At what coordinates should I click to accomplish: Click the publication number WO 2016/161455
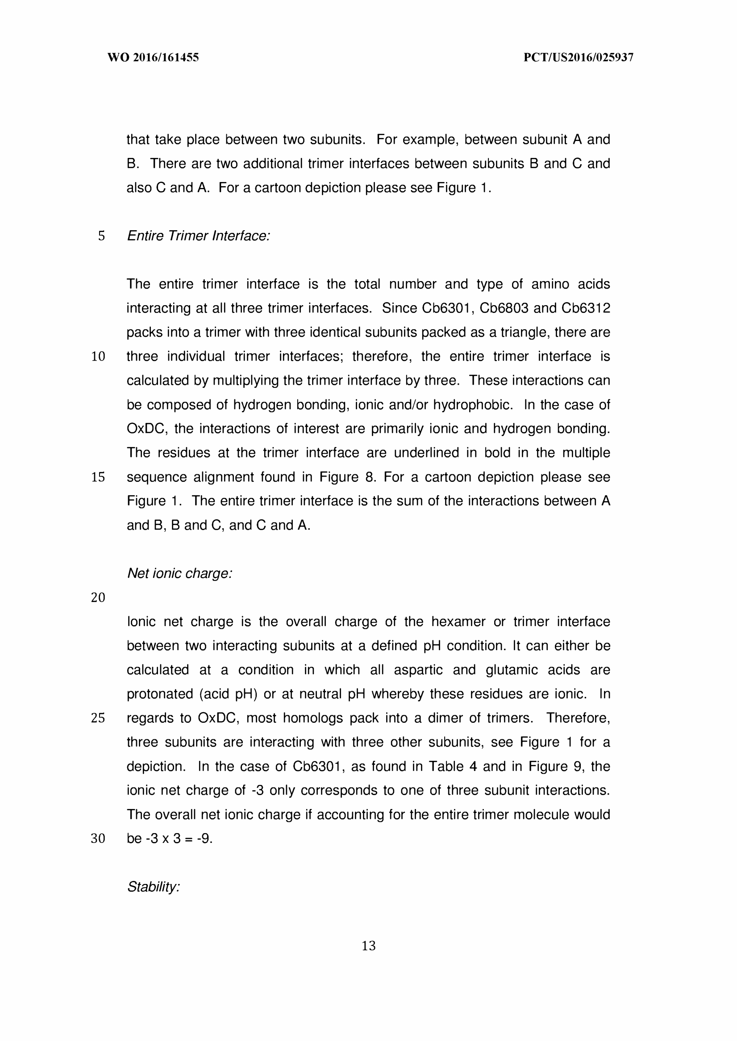point(153,58)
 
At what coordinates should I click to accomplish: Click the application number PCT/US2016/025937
point(578,58)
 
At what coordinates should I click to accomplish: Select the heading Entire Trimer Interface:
point(198,236)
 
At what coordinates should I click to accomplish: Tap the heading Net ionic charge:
point(180,573)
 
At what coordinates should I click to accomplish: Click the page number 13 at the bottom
point(369,946)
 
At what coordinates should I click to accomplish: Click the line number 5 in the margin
point(101,236)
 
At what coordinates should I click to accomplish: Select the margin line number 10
point(98,357)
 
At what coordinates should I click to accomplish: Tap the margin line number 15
point(98,477)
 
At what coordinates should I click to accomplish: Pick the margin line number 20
point(98,597)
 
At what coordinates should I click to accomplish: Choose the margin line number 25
point(98,718)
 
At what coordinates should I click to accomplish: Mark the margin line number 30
point(98,838)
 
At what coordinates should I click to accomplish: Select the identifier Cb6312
point(585,308)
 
